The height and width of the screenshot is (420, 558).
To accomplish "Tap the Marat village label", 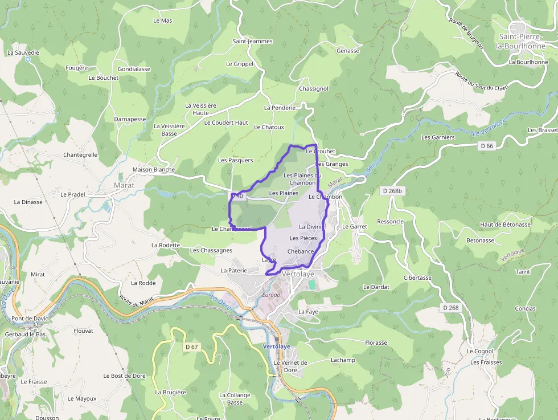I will click(124, 185).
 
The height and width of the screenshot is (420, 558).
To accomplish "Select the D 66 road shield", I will click(486, 146).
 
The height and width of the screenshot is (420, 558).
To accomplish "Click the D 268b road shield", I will click(392, 191).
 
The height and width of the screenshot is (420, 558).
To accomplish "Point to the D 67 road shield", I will click(191, 346).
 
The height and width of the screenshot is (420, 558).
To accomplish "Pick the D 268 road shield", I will click(450, 308).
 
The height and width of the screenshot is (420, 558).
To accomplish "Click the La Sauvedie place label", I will click(23, 52).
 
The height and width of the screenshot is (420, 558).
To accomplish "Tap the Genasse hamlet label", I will click(348, 51).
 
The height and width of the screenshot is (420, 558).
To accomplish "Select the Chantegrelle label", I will click(80, 154).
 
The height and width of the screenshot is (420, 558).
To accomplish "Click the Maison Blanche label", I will click(153, 169).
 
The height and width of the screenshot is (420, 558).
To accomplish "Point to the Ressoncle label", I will click(390, 222).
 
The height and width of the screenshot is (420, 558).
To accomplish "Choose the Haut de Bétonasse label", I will click(505, 225).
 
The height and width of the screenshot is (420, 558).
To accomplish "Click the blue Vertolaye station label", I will click(277, 346).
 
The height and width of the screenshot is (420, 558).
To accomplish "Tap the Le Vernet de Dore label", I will click(290, 366).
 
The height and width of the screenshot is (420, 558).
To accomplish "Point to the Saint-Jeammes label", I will click(252, 42).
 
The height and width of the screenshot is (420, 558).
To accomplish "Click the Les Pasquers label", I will click(235, 160).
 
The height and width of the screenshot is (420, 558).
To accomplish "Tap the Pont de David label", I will click(30, 319).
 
